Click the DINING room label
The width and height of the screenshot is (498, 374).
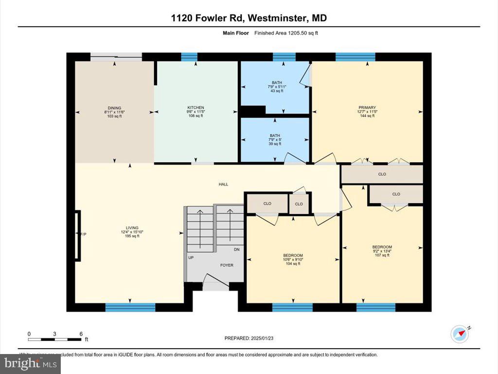tap(114, 108)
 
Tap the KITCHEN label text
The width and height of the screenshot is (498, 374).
tap(196, 108)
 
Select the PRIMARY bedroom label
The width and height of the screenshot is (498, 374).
tap(367, 108)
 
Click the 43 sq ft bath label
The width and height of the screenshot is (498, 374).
tap(276, 83)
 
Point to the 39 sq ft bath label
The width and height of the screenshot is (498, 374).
tap(275, 136)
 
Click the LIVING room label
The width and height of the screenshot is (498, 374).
tap(132, 228)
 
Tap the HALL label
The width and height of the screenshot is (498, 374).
tap(223, 184)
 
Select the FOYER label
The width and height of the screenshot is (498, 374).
tap(227, 265)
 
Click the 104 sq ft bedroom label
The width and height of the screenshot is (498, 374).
tap(293, 256)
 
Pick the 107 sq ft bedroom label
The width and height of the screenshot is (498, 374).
tap(382, 247)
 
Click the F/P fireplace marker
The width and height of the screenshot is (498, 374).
tap(83, 235)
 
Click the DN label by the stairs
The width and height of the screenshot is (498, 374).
tap(237, 249)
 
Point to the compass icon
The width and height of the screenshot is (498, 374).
tap(459, 334)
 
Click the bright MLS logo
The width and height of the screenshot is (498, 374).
tap(30, 363)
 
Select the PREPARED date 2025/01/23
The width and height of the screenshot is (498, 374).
tap(252, 338)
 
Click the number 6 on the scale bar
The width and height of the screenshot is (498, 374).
tap(81, 334)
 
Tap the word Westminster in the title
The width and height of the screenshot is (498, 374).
tap(278, 18)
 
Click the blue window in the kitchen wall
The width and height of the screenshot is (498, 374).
tap(189, 57)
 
